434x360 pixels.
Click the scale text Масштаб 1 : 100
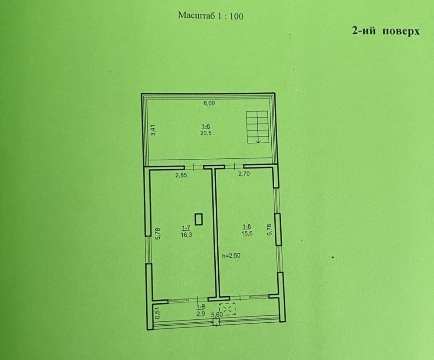[x=210, y=16]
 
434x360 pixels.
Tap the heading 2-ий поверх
[x=386, y=31]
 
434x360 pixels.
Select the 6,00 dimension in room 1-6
[x=209, y=103]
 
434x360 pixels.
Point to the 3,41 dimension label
[x=154, y=130]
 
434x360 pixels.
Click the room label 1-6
[x=206, y=127]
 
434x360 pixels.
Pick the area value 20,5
[x=206, y=133]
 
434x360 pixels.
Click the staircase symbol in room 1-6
[x=257, y=127]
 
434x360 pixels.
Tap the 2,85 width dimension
[x=181, y=175]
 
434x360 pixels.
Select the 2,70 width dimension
[x=244, y=174]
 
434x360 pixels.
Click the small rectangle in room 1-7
[x=199, y=219]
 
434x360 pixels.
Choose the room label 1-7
[x=186, y=228]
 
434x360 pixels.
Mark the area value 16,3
[x=186, y=235]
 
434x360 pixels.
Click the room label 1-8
[x=247, y=227]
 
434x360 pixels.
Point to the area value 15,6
[x=247, y=233]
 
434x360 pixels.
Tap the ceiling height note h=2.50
[x=231, y=255]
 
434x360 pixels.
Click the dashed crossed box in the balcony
[x=227, y=309]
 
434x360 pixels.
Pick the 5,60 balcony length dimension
[x=217, y=314]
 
